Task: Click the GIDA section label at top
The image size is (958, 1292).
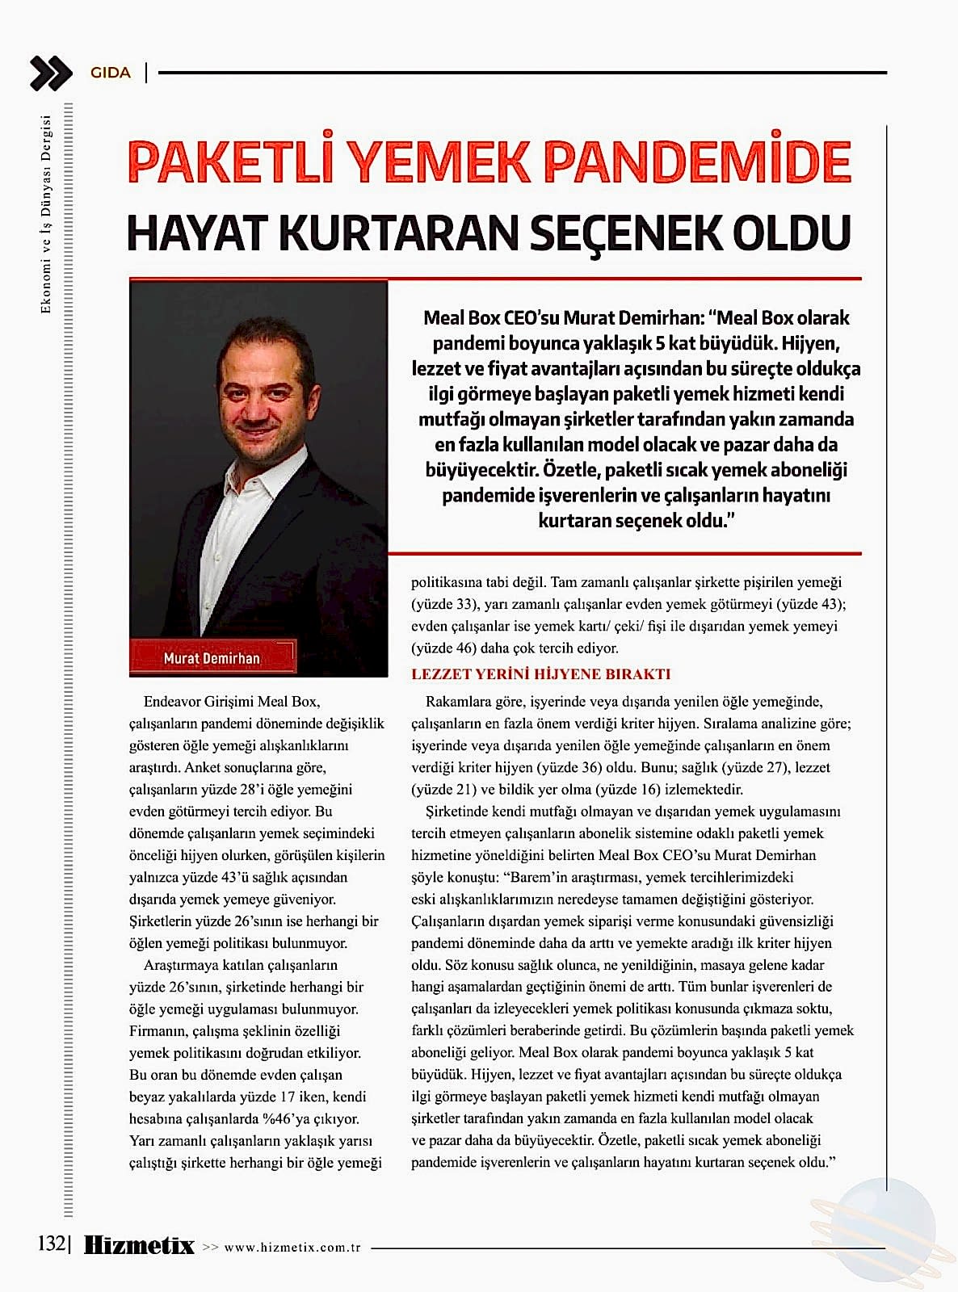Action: tap(111, 73)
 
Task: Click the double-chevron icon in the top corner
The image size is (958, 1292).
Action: tap(51, 73)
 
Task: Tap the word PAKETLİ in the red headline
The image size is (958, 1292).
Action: tap(230, 162)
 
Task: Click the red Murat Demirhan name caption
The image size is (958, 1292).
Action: tap(212, 657)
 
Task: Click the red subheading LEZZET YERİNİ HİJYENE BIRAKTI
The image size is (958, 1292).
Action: tap(540, 674)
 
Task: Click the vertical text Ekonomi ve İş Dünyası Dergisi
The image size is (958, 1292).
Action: tap(46, 214)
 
